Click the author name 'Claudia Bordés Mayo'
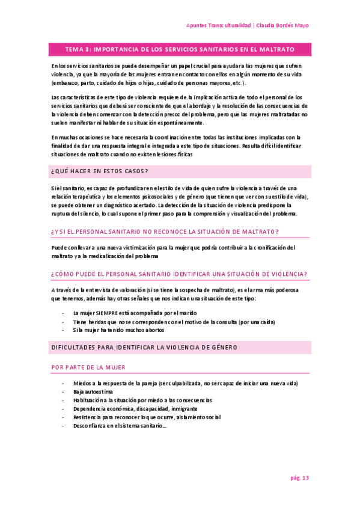click(x=282, y=26)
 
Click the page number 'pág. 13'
click(x=299, y=478)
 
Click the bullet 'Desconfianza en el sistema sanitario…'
click(x=120, y=425)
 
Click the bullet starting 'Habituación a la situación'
click(x=142, y=400)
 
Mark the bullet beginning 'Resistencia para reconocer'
click(x=147, y=417)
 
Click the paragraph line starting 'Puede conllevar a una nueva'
click(x=174, y=247)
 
